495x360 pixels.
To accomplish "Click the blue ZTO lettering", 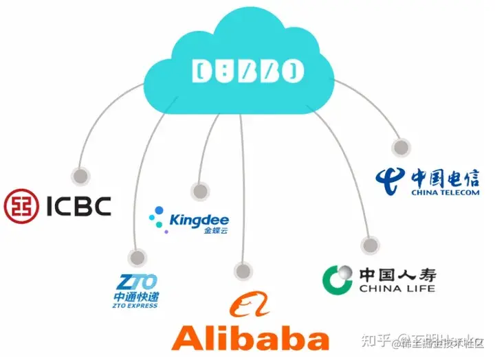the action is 137,282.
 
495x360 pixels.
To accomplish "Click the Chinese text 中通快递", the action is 135,297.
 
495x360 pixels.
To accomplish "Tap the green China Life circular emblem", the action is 338,278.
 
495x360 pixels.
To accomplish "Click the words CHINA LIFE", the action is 397,289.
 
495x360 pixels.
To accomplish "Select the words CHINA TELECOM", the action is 445,193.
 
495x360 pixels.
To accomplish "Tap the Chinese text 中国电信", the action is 445,179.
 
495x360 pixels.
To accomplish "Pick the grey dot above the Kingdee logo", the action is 200,192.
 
